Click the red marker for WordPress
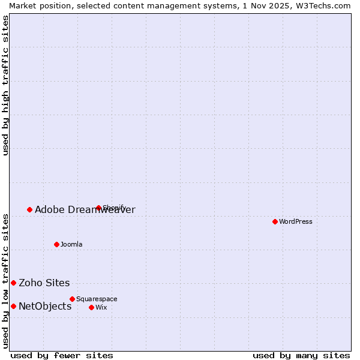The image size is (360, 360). [275, 221]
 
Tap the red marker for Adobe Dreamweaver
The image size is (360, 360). [29, 209]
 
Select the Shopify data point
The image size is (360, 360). [98, 208]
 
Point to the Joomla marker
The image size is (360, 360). [56, 244]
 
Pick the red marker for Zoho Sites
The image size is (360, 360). [13, 283]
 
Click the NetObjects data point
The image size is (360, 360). [13, 306]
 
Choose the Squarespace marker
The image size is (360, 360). [72, 299]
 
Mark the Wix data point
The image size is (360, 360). [91, 307]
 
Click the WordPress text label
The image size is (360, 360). [296, 221]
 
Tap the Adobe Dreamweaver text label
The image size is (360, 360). [85, 209]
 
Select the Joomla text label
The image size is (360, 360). [71, 244]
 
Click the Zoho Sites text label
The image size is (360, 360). [44, 283]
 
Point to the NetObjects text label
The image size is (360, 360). [45, 306]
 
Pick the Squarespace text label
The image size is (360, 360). [97, 299]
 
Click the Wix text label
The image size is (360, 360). [101, 307]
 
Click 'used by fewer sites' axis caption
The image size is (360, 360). [62, 355]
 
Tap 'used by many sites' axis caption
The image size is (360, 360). [301, 355]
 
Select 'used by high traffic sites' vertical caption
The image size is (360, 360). [5, 85]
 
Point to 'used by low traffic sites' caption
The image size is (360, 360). [5, 280]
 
